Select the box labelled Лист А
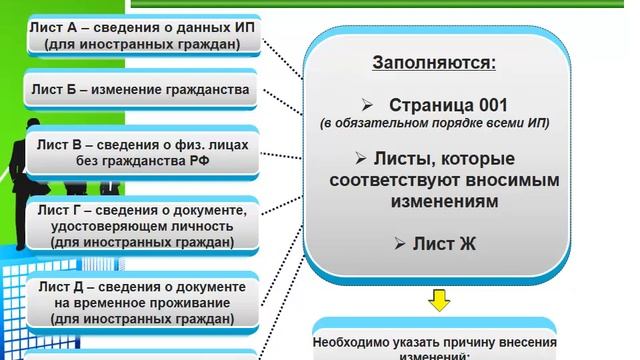pos(143,36)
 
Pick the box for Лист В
pos(144,152)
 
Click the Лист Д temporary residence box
pos(144,303)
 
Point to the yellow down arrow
pos(440,299)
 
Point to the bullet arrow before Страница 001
pos(368,105)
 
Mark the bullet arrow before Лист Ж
pos(399,243)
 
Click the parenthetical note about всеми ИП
pos(435,124)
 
